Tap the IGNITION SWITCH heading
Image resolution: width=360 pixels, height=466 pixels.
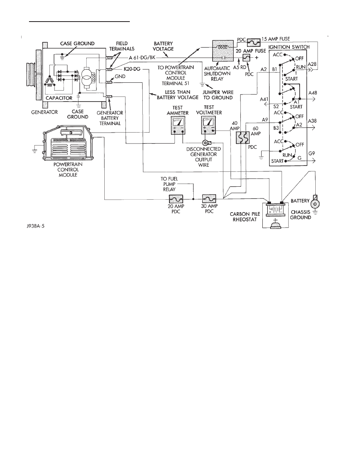click(x=289, y=47)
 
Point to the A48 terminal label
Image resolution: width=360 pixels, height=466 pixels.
click(x=313, y=93)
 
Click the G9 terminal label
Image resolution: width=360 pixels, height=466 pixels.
click(x=313, y=154)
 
